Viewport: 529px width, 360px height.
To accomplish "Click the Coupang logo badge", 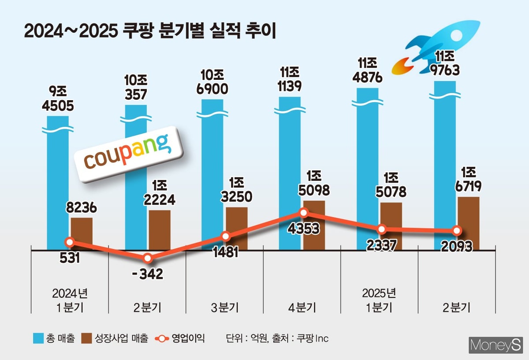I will pyautogui.click(x=127, y=154).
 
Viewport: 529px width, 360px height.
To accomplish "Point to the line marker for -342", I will pyautogui.click(x=148, y=258).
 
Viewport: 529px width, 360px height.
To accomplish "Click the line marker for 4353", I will pyautogui.click(x=303, y=213).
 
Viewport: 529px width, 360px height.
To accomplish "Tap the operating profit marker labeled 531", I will pyautogui.click(x=69, y=242).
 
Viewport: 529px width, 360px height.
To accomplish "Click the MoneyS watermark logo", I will pyautogui.click(x=496, y=345).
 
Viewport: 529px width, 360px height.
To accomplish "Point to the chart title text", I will pyautogui.click(x=150, y=32).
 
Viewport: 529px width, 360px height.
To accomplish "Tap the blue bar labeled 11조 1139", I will pyautogui.click(x=290, y=172).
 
